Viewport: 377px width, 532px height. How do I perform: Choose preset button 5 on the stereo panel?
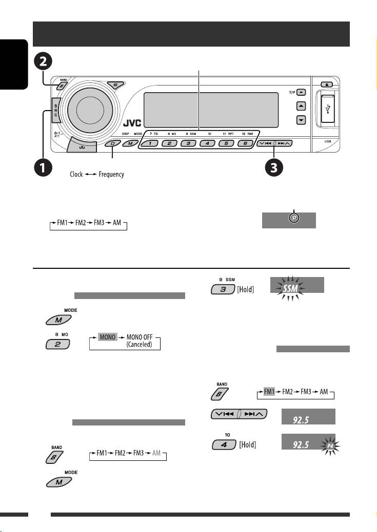tap(225, 144)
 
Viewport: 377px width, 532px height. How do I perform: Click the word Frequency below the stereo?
tap(111, 175)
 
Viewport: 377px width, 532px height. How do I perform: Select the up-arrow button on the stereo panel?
tap(301, 106)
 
